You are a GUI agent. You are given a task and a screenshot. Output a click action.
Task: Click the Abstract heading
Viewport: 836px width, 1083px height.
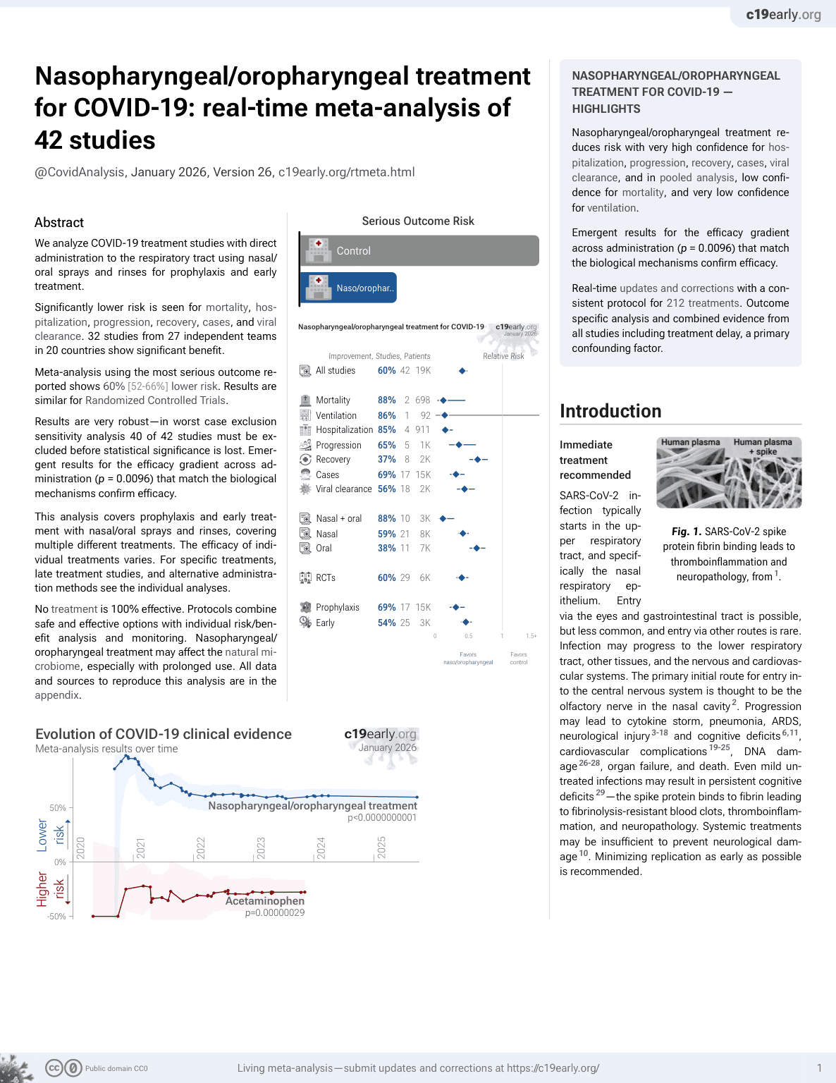tap(59, 223)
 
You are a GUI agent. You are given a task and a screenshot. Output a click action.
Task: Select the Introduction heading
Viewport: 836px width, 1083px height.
tap(610, 411)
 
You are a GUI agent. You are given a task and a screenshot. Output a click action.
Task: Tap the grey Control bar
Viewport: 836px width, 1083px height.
tap(420, 251)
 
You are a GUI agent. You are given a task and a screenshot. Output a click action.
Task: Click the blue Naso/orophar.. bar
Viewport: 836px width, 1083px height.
tap(349, 288)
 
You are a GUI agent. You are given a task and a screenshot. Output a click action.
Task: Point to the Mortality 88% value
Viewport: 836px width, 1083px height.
tap(386, 400)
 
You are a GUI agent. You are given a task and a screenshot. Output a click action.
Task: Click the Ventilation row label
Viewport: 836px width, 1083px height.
tap(336, 416)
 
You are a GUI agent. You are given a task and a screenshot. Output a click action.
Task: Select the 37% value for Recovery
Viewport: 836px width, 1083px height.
tap(386, 460)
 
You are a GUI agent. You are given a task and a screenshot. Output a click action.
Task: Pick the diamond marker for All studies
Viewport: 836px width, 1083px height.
tap(463, 371)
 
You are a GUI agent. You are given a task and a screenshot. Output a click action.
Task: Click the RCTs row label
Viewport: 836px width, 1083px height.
tap(325, 578)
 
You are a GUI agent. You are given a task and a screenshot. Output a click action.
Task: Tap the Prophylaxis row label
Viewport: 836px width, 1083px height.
tap(337, 608)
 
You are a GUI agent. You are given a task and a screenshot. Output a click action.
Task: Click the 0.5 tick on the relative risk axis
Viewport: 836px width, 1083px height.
tap(469, 636)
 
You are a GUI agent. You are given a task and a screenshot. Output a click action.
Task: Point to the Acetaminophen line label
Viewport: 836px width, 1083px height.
tap(265, 901)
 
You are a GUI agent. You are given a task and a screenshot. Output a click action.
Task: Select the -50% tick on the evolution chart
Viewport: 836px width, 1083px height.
tap(56, 917)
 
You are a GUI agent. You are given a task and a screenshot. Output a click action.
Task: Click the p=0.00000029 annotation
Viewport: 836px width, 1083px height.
tap(275, 913)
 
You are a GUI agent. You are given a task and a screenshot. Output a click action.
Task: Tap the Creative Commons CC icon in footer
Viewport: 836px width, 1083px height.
tap(54, 1068)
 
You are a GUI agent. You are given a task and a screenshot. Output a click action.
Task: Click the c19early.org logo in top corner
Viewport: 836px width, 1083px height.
tap(783, 15)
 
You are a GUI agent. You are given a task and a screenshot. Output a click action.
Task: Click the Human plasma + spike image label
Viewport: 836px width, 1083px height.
tap(763, 447)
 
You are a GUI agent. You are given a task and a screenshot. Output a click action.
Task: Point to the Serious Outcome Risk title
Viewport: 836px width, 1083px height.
tap(418, 221)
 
